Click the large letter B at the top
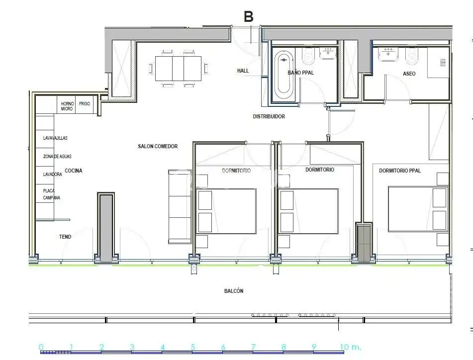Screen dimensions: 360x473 pos(248,16)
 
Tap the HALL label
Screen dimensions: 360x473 pos(243,71)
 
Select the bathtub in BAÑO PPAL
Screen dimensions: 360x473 pos(284,74)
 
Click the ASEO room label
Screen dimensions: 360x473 pos(409,74)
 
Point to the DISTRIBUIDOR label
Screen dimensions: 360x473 pos(269,116)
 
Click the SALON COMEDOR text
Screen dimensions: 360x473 pos(158,146)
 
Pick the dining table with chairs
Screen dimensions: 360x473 pos(178,68)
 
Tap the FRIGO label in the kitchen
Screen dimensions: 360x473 pos(85,104)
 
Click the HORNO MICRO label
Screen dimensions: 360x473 pos(67,106)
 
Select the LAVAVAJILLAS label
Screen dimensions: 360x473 pos(55,138)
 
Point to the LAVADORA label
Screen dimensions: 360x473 pos(52,175)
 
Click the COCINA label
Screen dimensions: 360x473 pos(74,171)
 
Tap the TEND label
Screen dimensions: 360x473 pos(65,237)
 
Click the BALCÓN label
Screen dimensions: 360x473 pos(234,291)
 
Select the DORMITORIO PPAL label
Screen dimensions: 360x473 pos(400,171)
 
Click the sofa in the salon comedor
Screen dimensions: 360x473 pos(180,206)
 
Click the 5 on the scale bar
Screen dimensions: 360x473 pos(193,347)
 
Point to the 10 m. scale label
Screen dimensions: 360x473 pos(350,347)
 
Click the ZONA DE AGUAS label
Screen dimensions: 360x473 pos(57,156)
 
